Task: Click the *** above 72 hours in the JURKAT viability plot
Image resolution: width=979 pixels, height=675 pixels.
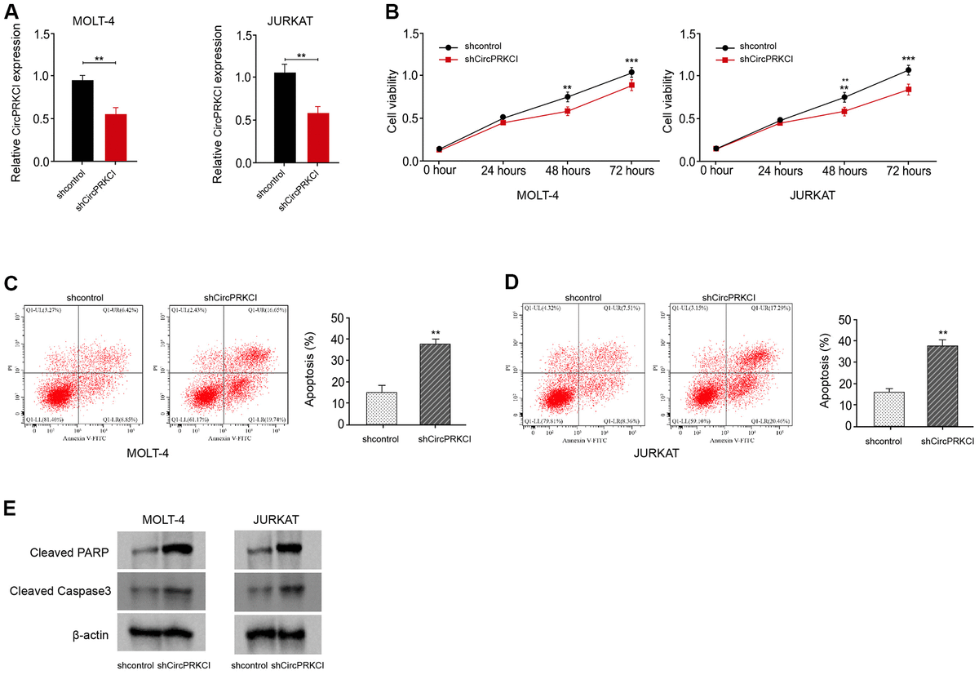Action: pos(909,59)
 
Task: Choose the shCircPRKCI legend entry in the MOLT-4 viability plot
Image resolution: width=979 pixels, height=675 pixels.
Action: pos(486,59)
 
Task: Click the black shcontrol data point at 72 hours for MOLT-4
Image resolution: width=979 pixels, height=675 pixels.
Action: pos(631,73)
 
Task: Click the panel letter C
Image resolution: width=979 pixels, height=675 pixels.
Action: pos(11,283)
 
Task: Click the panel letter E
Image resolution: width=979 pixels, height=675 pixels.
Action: pos(10,508)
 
